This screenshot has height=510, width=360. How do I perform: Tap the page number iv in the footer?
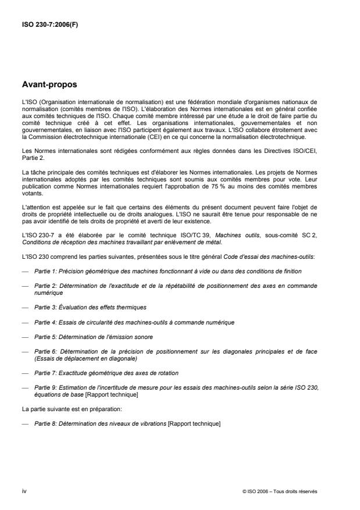tap(24, 491)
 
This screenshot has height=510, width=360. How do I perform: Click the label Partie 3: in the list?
tap(47, 306)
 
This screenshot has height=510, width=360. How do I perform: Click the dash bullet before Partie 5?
tap(25, 337)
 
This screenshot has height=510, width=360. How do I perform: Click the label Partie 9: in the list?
tap(47, 387)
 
